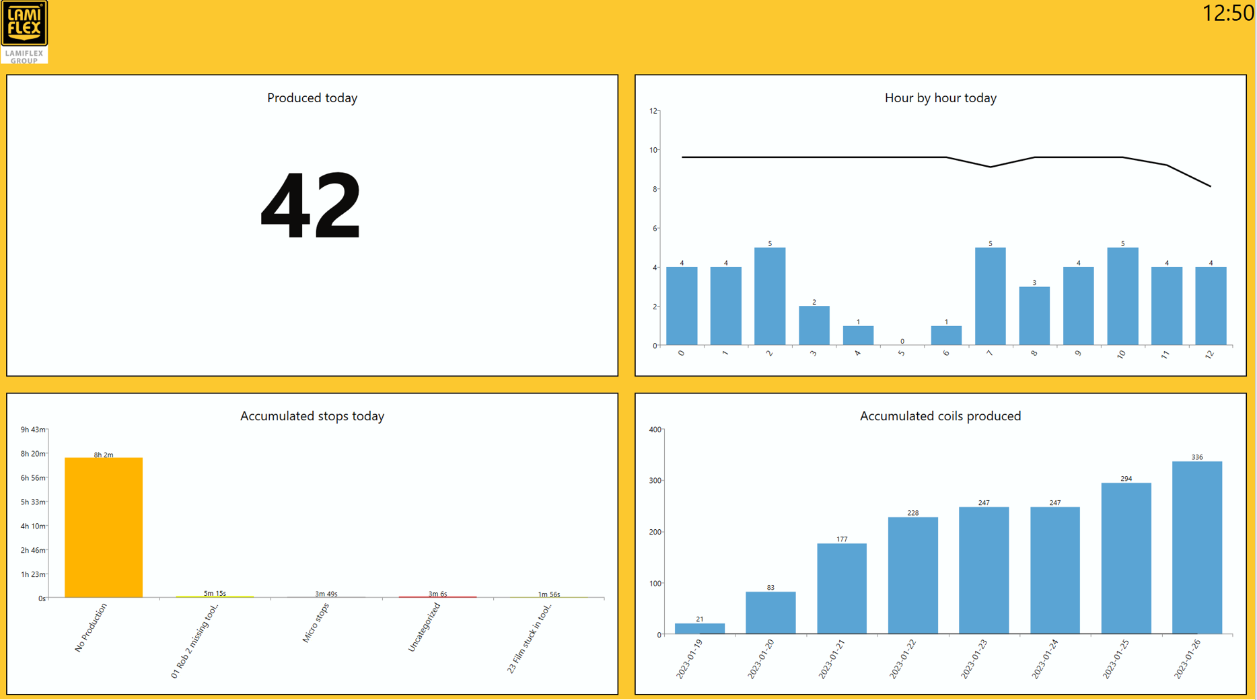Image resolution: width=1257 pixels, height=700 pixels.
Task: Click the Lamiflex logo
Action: coord(24,32)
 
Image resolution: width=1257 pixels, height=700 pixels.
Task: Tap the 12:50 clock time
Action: coord(1227,13)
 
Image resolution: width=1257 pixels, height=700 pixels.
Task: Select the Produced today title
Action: coord(312,98)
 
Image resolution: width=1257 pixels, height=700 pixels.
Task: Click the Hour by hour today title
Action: coord(940,98)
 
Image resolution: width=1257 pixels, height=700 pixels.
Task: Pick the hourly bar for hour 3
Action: coord(814,325)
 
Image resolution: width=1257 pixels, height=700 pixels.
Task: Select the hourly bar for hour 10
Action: coord(1122,296)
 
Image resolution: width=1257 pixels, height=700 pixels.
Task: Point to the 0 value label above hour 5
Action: coord(902,341)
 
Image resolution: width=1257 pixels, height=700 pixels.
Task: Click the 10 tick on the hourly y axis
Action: coord(653,150)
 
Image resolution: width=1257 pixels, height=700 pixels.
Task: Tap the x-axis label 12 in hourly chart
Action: coord(1209,354)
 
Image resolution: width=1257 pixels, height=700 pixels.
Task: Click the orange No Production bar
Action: coord(103,527)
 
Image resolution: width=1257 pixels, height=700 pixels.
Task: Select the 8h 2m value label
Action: coord(103,455)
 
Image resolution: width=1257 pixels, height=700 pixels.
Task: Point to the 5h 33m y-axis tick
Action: coord(32,502)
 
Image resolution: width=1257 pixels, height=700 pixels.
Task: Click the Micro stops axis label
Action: coord(316,623)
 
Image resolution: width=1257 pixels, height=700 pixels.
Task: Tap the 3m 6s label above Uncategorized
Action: coord(437,594)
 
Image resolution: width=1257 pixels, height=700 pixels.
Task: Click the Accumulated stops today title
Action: coord(312,416)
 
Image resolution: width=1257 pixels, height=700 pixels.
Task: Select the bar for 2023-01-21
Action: coord(841,588)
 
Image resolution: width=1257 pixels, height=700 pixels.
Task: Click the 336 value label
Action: coord(1196,457)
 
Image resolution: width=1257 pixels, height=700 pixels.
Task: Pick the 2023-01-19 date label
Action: coord(690,659)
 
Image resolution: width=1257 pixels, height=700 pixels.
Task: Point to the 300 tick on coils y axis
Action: coord(654,481)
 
